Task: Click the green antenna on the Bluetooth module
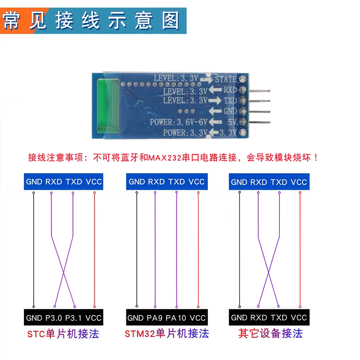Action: click(x=108, y=106)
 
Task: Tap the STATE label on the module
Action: click(x=226, y=79)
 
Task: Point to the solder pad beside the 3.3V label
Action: click(x=243, y=132)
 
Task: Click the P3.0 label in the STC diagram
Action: click(x=54, y=318)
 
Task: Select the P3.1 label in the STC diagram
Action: click(x=73, y=318)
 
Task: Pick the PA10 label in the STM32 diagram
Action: click(x=176, y=318)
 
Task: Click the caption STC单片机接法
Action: click(x=63, y=334)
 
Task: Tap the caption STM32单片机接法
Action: click(x=166, y=333)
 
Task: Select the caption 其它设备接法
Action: click(x=270, y=333)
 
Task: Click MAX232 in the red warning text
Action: click(x=165, y=158)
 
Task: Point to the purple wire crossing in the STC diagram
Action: click(x=63, y=273)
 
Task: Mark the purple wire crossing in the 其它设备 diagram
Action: click(x=269, y=273)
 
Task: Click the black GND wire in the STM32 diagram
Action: click(x=137, y=249)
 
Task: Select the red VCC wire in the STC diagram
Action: click(x=94, y=250)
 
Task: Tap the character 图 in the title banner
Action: click(x=171, y=21)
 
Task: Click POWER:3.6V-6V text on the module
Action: click(x=179, y=122)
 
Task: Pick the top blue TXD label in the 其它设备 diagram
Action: click(x=279, y=182)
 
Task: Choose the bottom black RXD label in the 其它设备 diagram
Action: click(x=259, y=318)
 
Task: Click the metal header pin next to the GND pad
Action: click(x=260, y=112)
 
